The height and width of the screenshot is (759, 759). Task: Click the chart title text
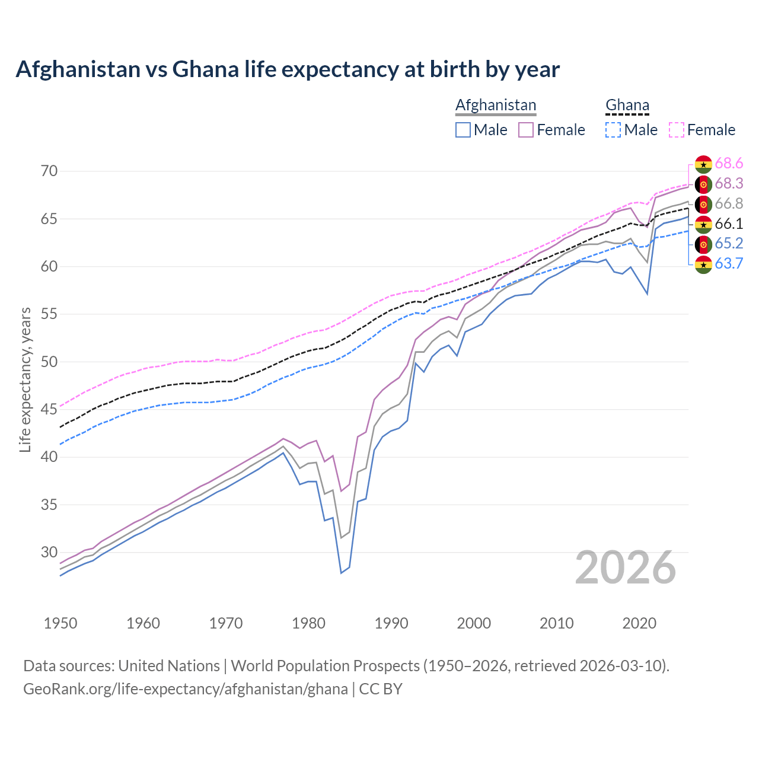(288, 69)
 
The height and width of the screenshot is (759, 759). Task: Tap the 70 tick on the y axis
(49, 171)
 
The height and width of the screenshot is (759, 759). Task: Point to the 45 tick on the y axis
(49, 410)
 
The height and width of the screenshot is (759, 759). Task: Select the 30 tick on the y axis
(49, 553)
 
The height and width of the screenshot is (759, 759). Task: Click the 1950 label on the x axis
(60, 623)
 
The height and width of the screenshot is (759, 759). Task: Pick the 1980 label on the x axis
(308, 623)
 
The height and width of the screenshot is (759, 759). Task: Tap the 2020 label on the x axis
(639, 623)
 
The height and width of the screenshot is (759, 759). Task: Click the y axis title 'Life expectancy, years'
(25, 379)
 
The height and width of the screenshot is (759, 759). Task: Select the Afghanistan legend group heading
(496, 105)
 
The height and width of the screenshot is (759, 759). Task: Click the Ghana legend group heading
(627, 105)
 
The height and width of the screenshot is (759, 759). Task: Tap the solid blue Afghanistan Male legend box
(463, 130)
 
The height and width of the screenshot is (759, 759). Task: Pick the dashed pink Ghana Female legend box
(677, 130)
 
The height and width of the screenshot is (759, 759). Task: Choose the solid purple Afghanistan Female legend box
(526, 130)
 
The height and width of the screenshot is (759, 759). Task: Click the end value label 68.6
(729, 164)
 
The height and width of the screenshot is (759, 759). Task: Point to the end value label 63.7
(729, 264)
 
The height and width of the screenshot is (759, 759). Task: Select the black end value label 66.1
(729, 224)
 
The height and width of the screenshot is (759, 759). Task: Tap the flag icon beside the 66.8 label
(703, 205)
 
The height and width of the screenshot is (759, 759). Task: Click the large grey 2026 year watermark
(626, 568)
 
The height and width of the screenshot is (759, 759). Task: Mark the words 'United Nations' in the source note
(169, 666)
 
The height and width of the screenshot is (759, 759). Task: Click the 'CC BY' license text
(381, 689)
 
